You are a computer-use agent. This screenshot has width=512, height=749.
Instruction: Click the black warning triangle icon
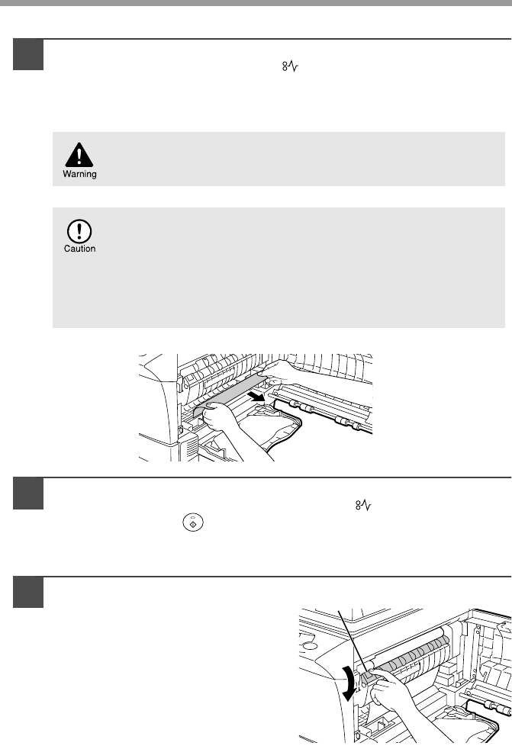(79, 156)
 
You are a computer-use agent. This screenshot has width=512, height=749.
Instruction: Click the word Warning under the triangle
(79, 174)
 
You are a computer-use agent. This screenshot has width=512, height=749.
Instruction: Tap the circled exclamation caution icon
(79, 231)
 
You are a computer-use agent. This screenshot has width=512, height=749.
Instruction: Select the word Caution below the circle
(80, 249)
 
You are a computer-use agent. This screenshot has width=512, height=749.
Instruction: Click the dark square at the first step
(28, 54)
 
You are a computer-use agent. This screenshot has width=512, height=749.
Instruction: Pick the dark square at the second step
(28, 493)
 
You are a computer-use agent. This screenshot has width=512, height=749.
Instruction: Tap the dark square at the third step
(28, 593)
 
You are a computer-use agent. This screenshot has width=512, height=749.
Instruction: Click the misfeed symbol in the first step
(290, 66)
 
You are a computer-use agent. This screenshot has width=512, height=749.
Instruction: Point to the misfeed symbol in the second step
(363, 505)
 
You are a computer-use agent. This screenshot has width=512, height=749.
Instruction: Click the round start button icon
(193, 522)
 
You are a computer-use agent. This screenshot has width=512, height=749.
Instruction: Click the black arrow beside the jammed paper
(256, 396)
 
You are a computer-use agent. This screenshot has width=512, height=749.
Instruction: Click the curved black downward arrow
(350, 683)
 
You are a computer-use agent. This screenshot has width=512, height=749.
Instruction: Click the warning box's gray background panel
(279, 159)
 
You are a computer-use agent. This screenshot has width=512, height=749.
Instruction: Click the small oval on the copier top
(309, 646)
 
